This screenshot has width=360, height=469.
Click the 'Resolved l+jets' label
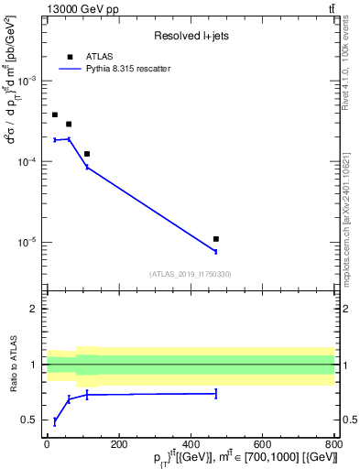point(189,36)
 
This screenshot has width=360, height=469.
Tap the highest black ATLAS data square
point(55,115)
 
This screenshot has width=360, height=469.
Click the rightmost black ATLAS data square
point(215,239)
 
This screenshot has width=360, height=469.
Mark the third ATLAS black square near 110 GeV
point(87,154)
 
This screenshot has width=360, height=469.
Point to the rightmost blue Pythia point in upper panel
point(215,251)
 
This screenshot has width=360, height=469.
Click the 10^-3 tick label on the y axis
point(28,81)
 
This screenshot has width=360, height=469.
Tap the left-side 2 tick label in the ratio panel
point(35,309)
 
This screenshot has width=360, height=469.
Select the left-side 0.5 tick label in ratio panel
point(31,420)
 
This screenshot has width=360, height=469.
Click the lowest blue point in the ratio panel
point(55,421)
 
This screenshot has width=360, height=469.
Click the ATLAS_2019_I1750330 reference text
point(191,274)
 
